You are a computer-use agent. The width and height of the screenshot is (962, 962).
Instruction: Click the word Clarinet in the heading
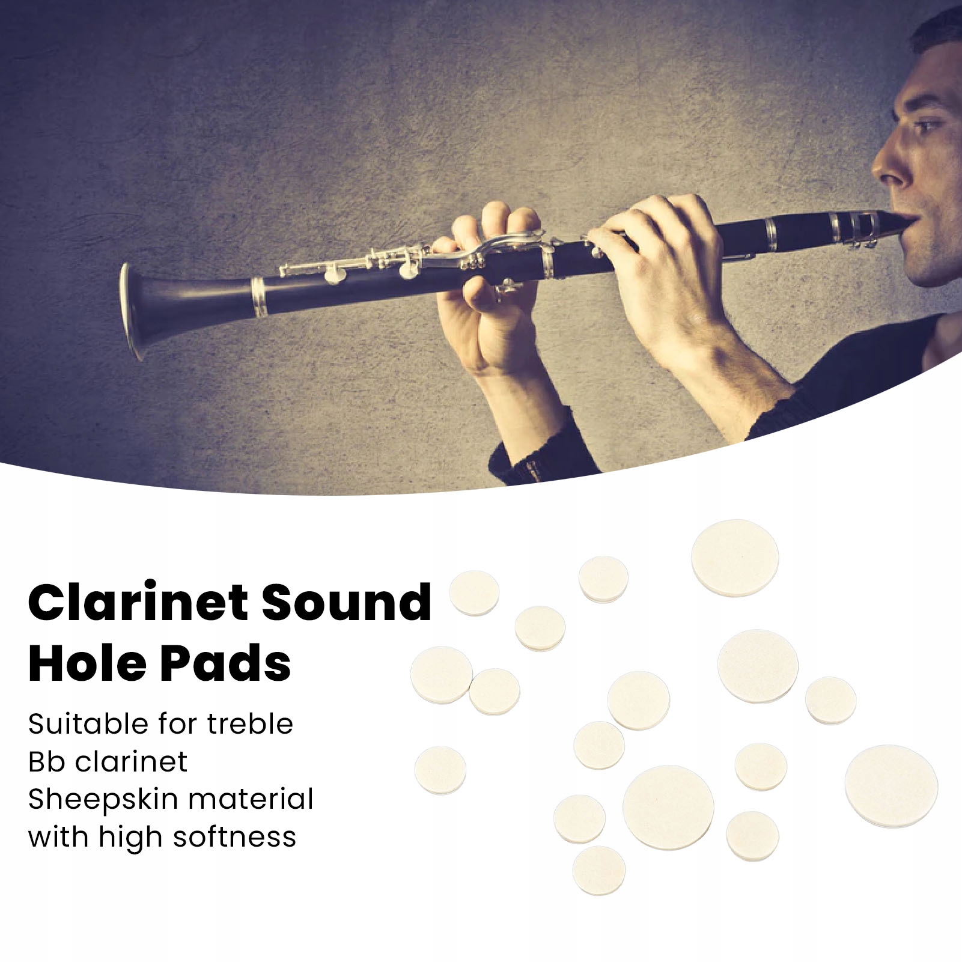(x=133, y=603)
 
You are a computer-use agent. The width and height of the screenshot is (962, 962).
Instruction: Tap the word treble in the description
(x=250, y=723)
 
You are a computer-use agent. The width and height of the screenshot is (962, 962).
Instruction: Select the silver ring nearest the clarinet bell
(x=258, y=297)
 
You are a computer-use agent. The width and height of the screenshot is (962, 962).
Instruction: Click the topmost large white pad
(x=735, y=558)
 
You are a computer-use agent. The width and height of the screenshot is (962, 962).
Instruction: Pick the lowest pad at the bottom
(x=599, y=871)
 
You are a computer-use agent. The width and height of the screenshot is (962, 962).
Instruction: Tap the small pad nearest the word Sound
(x=475, y=592)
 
